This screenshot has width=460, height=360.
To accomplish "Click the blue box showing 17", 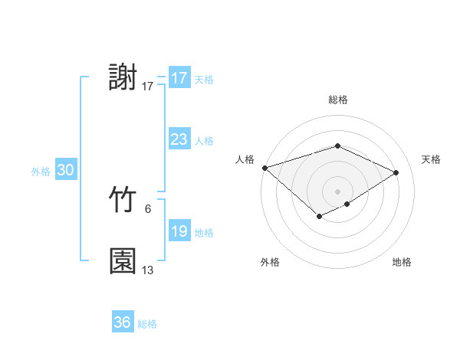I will (179, 78).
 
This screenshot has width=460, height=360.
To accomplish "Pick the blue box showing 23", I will (179, 139).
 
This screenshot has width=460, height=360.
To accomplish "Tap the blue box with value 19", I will (179, 231).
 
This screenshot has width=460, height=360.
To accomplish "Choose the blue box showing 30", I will (65, 171).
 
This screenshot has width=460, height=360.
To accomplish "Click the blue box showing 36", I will (122, 322).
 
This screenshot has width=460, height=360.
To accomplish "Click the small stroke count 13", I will (148, 270).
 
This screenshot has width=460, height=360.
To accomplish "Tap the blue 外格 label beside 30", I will (41, 172).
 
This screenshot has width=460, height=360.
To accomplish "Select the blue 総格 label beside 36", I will (147, 324).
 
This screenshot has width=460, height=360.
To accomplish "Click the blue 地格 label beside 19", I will (204, 233).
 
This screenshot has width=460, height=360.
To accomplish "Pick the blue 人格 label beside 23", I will (204, 141).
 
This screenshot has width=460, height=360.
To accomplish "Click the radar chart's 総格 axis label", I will (337, 100).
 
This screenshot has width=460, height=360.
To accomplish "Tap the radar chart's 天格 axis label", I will (431, 159).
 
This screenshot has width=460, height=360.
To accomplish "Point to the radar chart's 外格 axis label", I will (270, 263).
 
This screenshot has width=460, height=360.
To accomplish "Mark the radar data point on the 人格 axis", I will (264, 168).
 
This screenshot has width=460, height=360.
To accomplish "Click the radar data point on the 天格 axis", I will (396, 172).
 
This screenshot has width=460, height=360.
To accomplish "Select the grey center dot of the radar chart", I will (337, 191).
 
